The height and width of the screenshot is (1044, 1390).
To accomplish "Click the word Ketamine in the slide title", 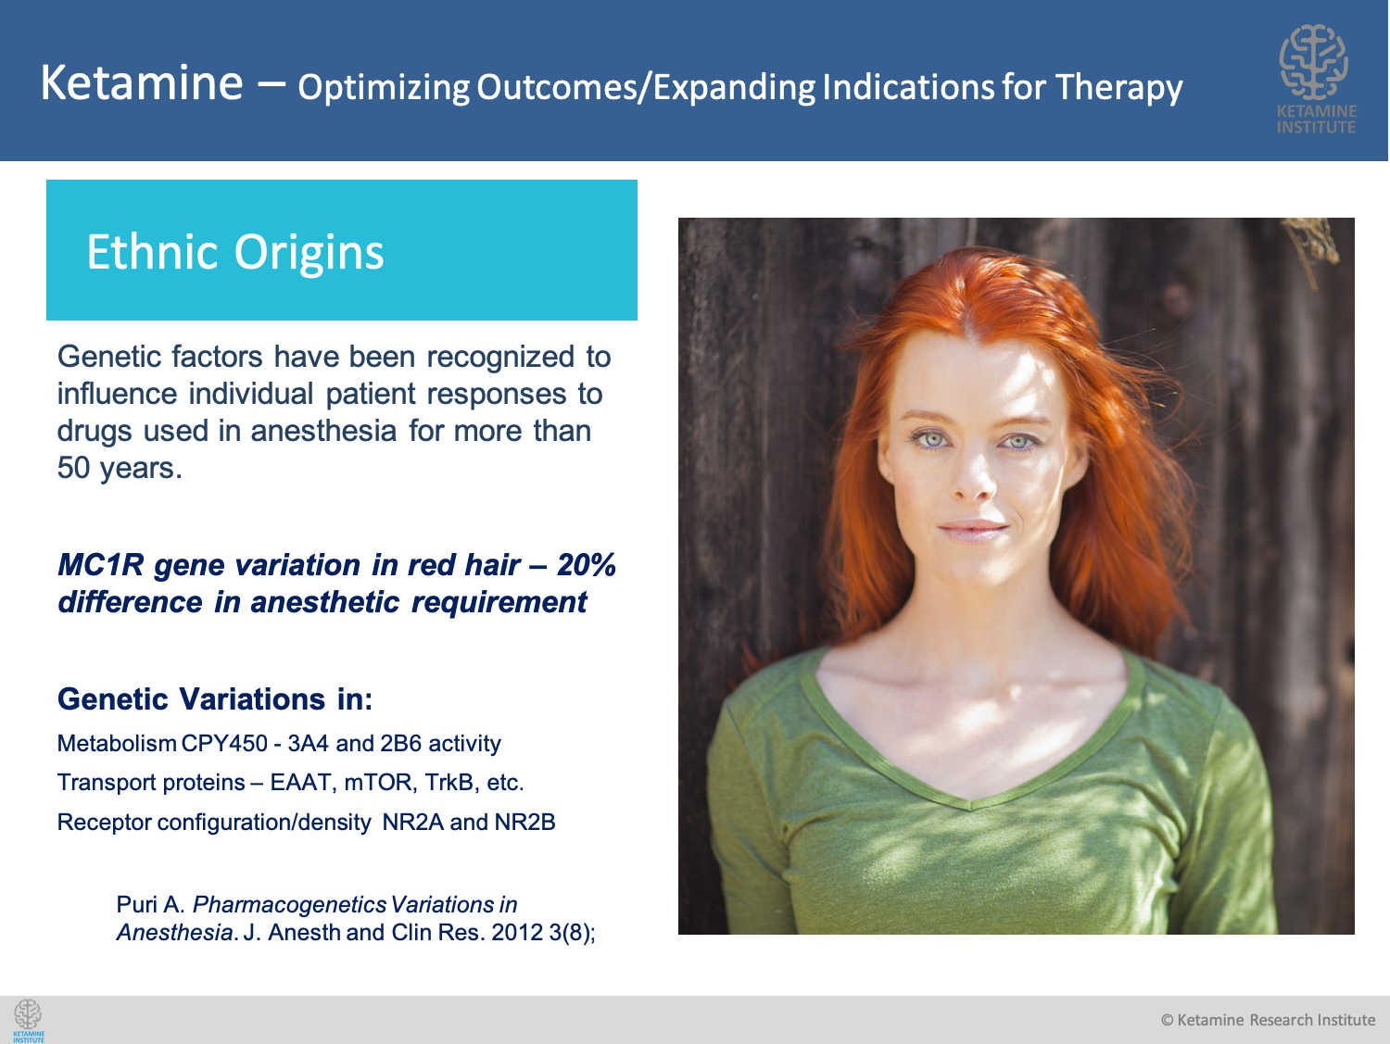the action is pyautogui.click(x=142, y=82).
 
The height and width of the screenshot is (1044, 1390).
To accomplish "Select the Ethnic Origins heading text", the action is pyautogui.click(x=235, y=253).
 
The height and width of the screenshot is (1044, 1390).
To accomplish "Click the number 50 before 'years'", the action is pyautogui.click(x=73, y=468).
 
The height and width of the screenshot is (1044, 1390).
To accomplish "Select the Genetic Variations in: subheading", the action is pyautogui.click(x=215, y=699).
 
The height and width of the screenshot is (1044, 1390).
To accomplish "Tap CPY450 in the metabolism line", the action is pyautogui.click(x=224, y=743).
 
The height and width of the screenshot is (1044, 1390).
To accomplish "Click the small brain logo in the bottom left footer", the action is pyautogui.click(x=29, y=1021).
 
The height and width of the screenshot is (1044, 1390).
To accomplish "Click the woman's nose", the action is pyautogui.click(x=973, y=476).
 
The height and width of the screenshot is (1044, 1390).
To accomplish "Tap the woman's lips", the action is pyautogui.click(x=973, y=531).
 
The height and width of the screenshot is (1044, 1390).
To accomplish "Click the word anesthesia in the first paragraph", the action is pyautogui.click(x=323, y=431).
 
